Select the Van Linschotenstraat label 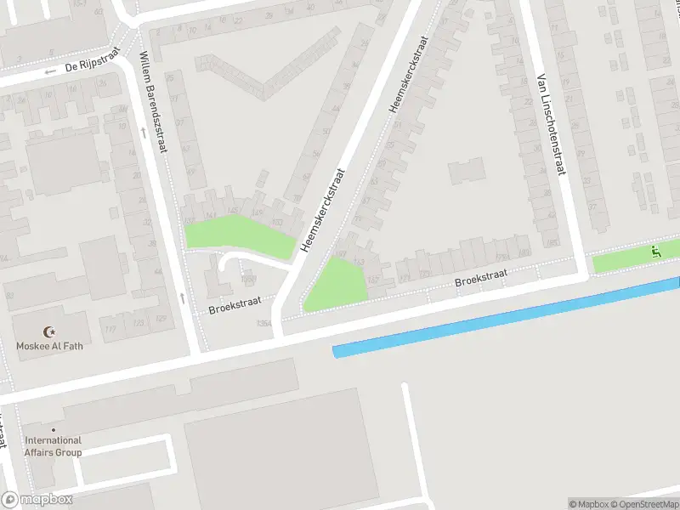(551, 123)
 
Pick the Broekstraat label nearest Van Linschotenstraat (480, 277)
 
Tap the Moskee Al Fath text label (50, 346)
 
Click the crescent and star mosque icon (49, 331)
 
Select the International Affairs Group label (54, 446)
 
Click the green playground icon (655, 252)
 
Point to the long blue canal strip (506, 315)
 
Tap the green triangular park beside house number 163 (337, 285)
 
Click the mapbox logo (37, 500)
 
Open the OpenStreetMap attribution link (646, 504)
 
